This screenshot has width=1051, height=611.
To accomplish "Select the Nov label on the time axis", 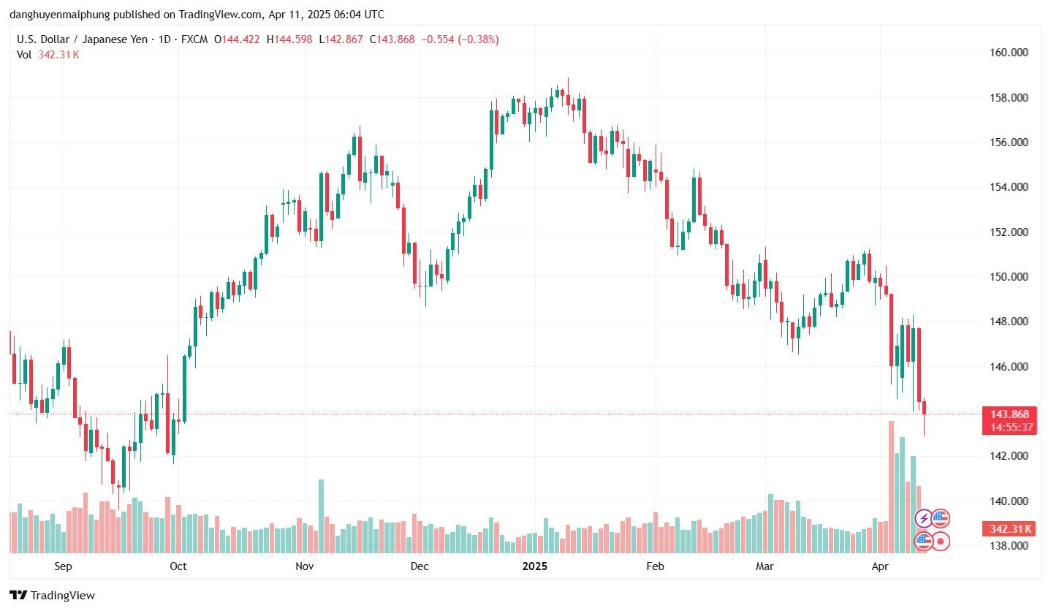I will (x=305, y=566).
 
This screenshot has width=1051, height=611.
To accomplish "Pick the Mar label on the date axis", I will (x=764, y=566).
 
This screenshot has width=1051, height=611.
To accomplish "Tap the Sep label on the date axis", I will (x=63, y=566).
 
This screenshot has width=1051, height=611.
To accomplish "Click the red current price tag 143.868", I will (x=1009, y=414).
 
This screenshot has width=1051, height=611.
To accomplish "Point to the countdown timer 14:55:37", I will (x=1009, y=428).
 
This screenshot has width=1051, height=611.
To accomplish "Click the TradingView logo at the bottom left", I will (x=52, y=596).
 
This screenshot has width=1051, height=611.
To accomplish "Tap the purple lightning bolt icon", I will (x=924, y=519).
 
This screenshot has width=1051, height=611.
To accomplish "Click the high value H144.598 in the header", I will (x=290, y=39).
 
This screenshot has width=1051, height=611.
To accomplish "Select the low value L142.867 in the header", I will (x=341, y=39).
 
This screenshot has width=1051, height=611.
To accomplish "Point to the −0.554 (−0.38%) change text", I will (x=457, y=39).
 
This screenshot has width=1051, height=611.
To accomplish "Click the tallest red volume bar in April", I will (x=891, y=486).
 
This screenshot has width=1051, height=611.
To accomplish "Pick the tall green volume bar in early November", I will (x=321, y=515).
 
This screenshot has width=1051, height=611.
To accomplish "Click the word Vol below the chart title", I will (x=24, y=55).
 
